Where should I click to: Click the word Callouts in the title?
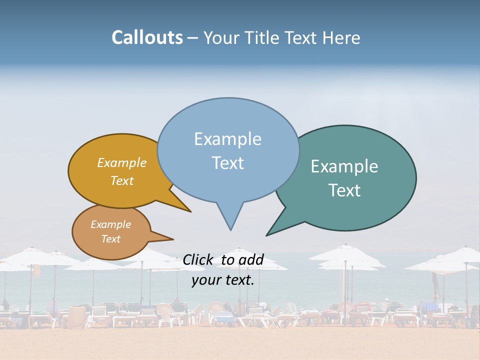[147, 37]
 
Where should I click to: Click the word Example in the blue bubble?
[227, 139]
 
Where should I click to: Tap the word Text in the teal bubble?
[344, 190]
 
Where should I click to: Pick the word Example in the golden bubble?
[122, 162]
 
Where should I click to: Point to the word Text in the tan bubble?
[110, 239]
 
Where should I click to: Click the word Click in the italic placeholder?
[197, 259]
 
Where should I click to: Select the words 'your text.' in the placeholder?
[223, 280]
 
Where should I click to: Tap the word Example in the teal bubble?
[344, 166]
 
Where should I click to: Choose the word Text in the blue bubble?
[227, 163]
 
